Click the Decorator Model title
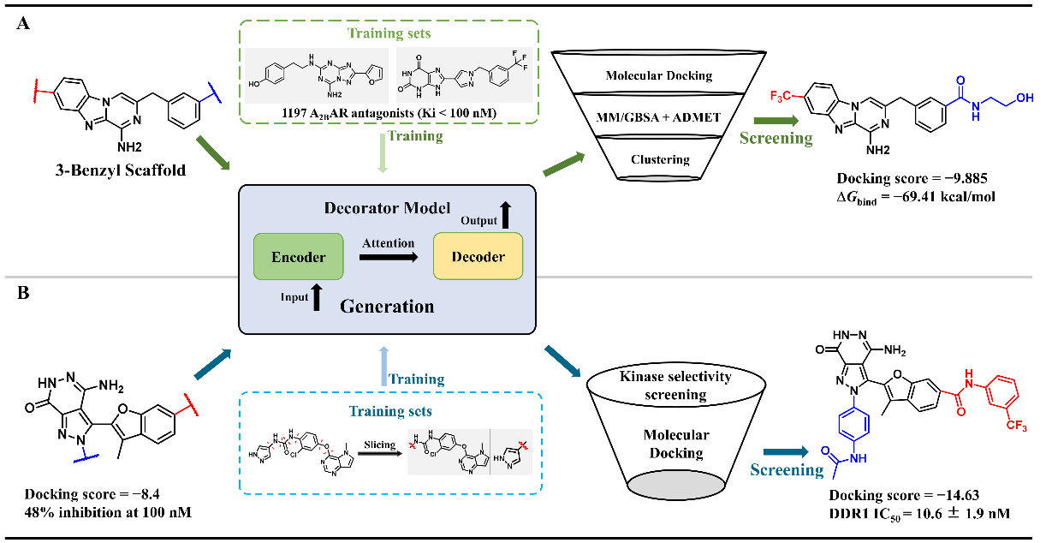pos(387,209)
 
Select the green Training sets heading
pos(386,33)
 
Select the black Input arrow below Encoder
pos(318,296)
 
